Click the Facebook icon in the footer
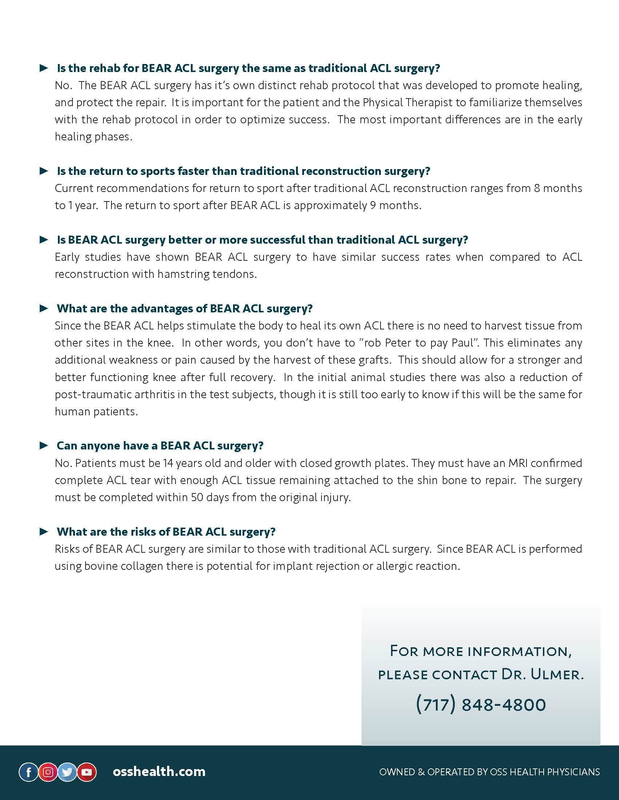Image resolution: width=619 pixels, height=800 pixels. pyautogui.click(x=29, y=772)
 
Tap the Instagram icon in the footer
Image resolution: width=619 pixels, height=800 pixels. pyautogui.click(x=48, y=772)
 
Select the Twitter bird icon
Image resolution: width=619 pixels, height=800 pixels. pyautogui.click(x=67, y=772)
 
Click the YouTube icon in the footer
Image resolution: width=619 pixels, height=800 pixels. pyautogui.click(x=87, y=772)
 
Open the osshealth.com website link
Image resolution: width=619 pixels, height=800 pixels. pyautogui.click(x=159, y=771)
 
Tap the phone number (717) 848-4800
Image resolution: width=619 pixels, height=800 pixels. pyautogui.click(x=481, y=704)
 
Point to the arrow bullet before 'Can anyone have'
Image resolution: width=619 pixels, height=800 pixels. pyautogui.click(x=44, y=445)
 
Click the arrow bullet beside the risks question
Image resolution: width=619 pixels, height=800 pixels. pyautogui.click(x=44, y=532)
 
